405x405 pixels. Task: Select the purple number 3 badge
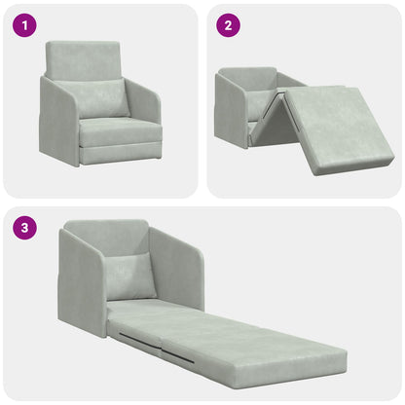(x=23, y=230)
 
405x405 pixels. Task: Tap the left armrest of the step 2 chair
(x=230, y=111)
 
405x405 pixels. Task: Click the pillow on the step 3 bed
(x=130, y=276)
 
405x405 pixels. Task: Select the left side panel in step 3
(x=81, y=282)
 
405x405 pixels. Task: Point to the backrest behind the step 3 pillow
(x=107, y=239)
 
